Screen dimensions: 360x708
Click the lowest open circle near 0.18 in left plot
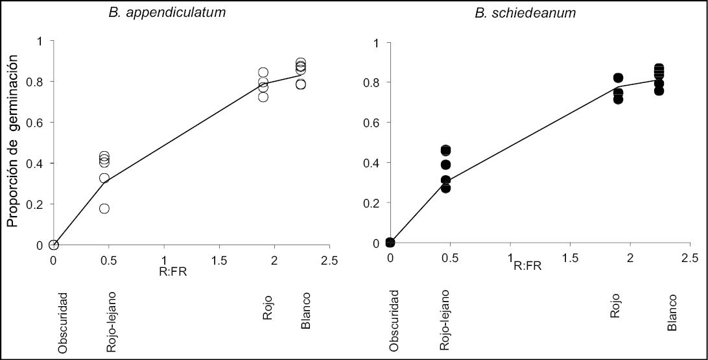(x=104, y=208)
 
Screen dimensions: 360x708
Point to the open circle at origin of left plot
(x=54, y=245)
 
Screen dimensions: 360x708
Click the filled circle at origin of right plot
(x=390, y=243)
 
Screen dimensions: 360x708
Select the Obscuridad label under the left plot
(x=62, y=322)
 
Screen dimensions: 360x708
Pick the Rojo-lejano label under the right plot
(x=445, y=320)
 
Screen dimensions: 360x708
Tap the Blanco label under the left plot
(x=305, y=309)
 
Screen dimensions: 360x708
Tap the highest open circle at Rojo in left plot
(x=263, y=73)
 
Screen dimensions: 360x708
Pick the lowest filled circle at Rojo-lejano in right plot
(x=445, y=188)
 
